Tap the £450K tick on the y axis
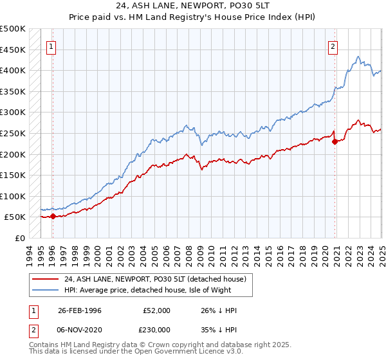pyautogui.click(x=13, y=50)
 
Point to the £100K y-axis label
pyautogui.click(x=13, y=196)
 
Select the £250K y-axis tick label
pyautogui.click(x=13, y=133)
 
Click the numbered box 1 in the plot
pyautogui.click(x=51, y=46)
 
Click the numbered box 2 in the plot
pyautogui.click(x=333, y=46)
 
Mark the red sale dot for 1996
pyautogui.click(x=53, y=216)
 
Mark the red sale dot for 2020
pyautogui.click(x=335, y=141)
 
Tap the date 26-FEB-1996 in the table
pyautogui.click(x=80, y=310)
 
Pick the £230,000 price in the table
pyautogui.click(x=157, y=329)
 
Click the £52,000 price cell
pyautogui.click(x=157, y=310)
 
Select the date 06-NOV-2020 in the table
pyautogui.click(x=80, y=329)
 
